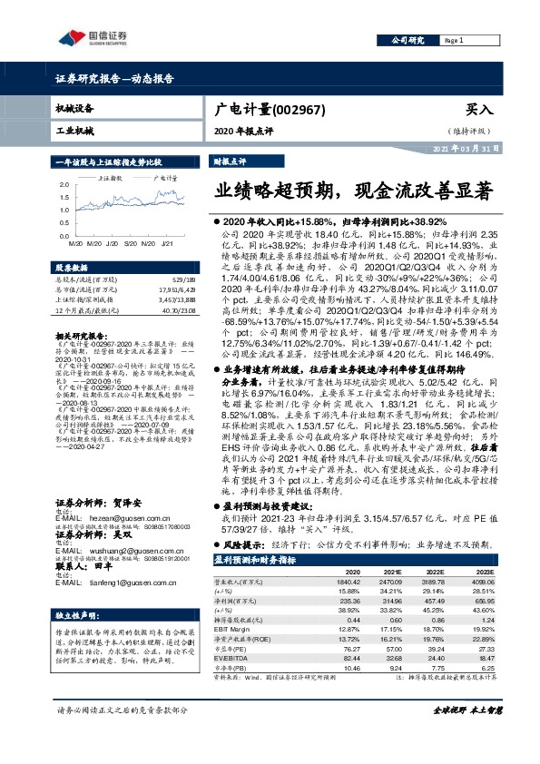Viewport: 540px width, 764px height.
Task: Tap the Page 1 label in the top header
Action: point(455,42)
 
